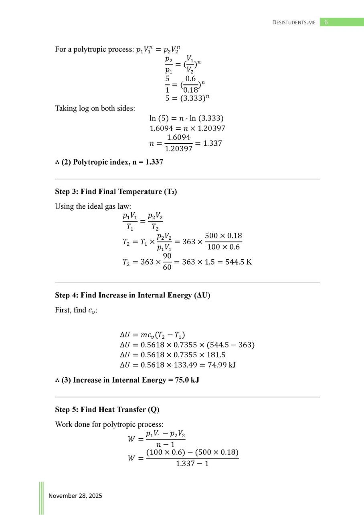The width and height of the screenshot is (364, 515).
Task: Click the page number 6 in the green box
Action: [326, 22]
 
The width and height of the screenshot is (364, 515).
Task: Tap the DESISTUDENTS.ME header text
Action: [294, 22]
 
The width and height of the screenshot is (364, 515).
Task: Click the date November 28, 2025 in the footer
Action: [75, 496]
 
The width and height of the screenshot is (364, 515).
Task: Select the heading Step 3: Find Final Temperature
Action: [116, 191]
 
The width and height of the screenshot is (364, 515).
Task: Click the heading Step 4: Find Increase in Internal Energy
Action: [133, 295]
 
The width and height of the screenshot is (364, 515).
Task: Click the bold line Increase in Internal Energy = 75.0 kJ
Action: [130, 380]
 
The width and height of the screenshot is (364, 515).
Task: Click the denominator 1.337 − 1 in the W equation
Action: [192, 464]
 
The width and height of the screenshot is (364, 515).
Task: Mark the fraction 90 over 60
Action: [168, 262]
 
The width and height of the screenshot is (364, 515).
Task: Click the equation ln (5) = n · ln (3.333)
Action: [186, 118]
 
